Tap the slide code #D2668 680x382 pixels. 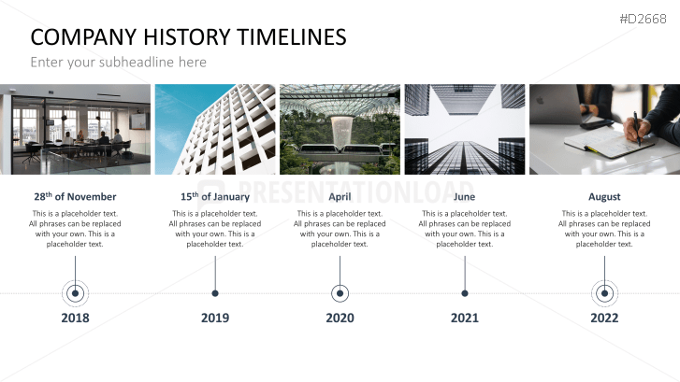[x=643, y=19]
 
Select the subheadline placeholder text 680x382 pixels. [x=119, y=63]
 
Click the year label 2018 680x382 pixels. [x=75, y=318]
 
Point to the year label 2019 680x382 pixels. [x=215, y=318]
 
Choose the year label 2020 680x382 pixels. [x=340, y=318]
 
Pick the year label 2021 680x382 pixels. [x=465, y=318]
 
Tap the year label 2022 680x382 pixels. [x=604, y=318]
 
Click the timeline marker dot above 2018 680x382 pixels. [x=75, y=293]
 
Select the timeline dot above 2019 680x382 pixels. [x=215, y=293]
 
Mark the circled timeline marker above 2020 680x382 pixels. [x=340, y=293]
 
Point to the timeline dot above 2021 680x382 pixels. [x=465, y=293]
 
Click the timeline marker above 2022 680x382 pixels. [x=604, y=293]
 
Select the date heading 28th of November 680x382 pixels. [x=75, y=197]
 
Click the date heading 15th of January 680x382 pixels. [x=215, y=197]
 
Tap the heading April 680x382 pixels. [x=340, y=197]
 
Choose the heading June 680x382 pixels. [x=465, y=197]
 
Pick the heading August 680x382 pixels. [x=604, y=197]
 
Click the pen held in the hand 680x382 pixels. [x=637, y=128]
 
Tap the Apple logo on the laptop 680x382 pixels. [x=541, y=101]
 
